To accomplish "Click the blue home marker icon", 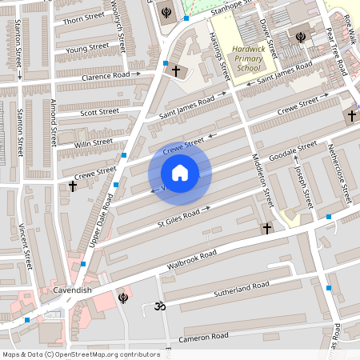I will pos(180,173).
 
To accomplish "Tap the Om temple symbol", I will pos(158,306).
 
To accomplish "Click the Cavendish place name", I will pos(52,290).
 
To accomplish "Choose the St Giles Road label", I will pos(178,216).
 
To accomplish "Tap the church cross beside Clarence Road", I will pos(176,70).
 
